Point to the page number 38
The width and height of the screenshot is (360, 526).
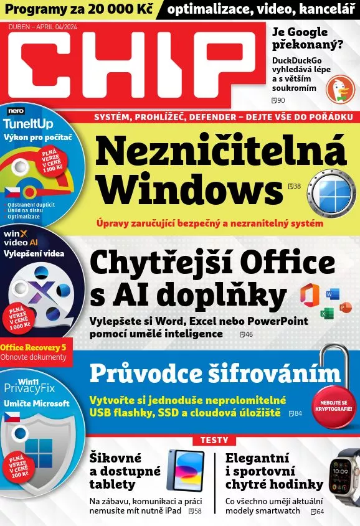point(297,186)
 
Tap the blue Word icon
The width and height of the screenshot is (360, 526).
point(333,294)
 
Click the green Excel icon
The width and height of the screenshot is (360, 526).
point(325,313)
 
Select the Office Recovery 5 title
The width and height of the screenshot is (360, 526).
point(34,347)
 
